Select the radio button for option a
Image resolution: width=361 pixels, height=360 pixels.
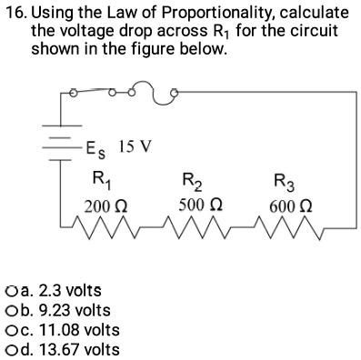point(10,291)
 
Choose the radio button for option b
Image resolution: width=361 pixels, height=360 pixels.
point(10,311)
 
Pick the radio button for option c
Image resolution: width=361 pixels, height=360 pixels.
point(10,330)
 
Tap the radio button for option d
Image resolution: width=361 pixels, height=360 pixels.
point(10,349)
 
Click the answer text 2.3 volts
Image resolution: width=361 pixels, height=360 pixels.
point(72,291)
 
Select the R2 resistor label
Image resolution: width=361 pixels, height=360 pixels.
point(193,179)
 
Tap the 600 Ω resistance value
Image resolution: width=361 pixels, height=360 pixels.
point(286,208)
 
